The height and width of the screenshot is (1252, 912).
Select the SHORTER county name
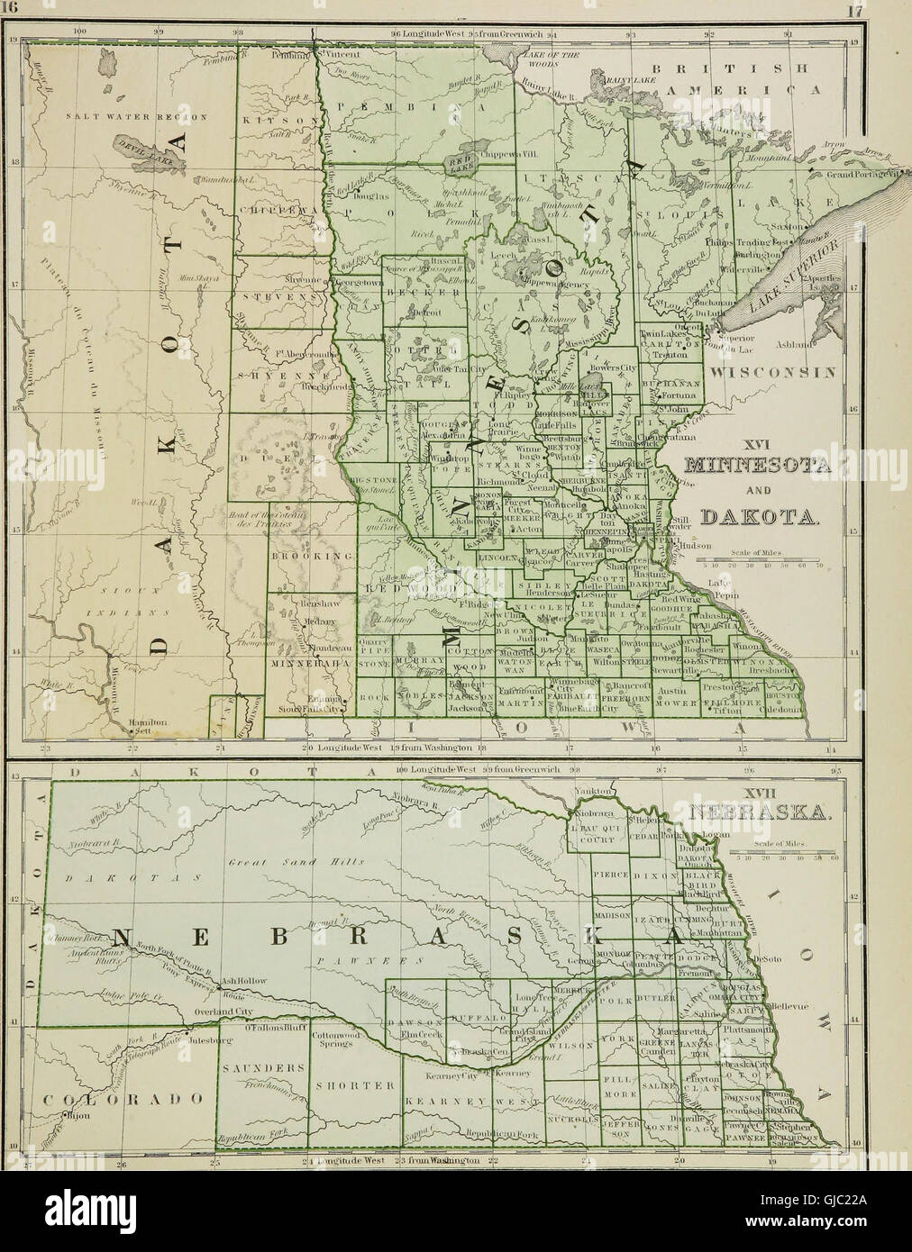(348, 1084)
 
